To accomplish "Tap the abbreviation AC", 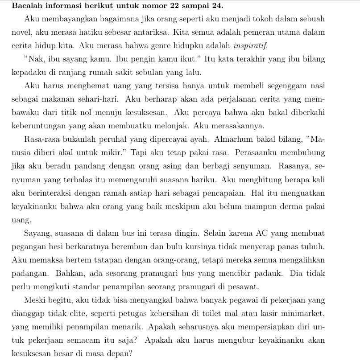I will (262, 233).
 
